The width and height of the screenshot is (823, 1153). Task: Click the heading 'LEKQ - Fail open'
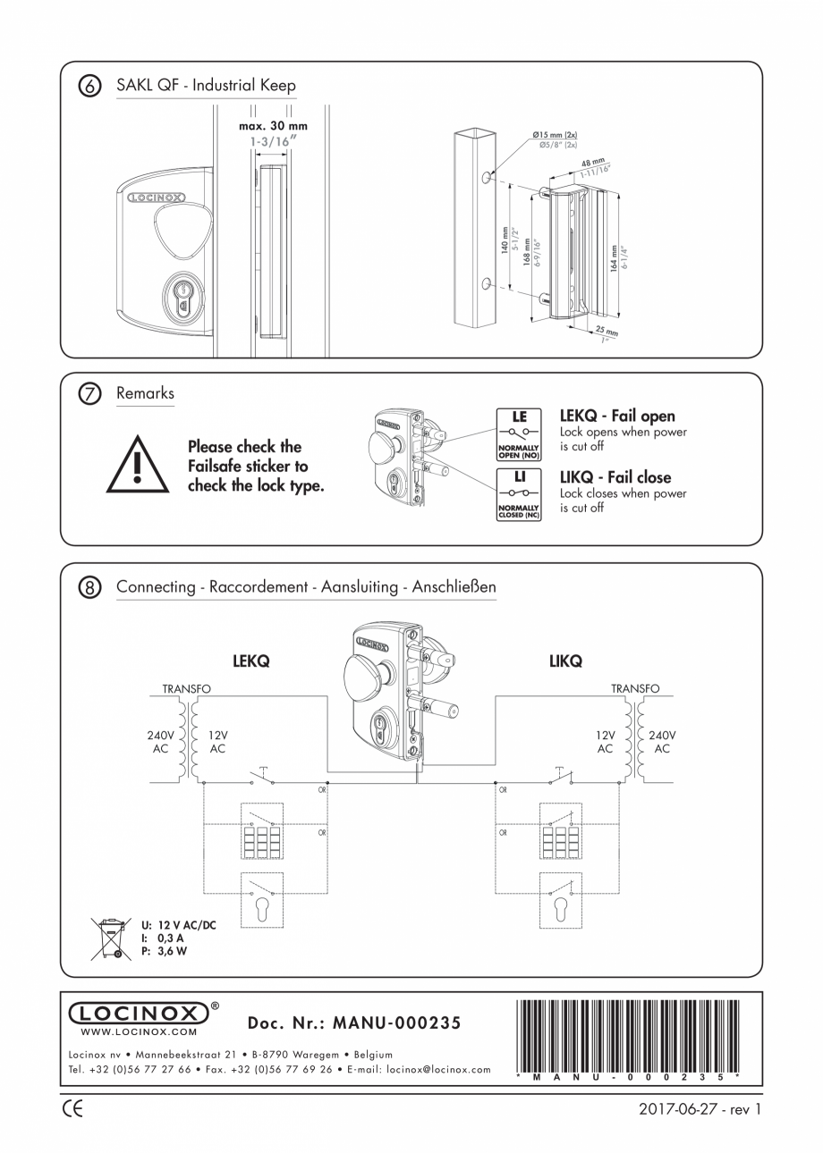(617, 416)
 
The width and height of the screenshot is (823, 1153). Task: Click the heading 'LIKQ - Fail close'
(615, 477)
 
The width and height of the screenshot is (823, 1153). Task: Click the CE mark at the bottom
(74, 1110)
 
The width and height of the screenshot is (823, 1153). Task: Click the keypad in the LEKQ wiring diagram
(262, 842)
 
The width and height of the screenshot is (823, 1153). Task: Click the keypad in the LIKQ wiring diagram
(561, 842)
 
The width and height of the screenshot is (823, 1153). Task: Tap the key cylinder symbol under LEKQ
(262, 910)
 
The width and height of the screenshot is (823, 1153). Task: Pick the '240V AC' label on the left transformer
(161, 742)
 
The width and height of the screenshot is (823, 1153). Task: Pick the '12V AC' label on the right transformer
(606, 742)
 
